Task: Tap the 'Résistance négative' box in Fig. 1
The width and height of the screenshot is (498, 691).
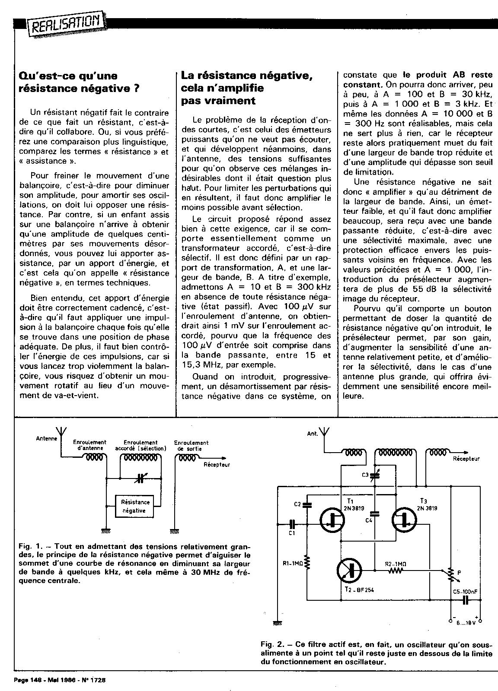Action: pyautogui.click(x=136, y=506)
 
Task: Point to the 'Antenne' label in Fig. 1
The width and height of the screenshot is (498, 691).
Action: pyautogui.click(x=47, y=439)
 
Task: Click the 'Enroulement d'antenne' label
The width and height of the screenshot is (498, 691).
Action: pyautogui.click(x=90, y=445)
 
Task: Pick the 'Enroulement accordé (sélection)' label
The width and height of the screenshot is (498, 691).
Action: pyautogui.click(x=140, y=445)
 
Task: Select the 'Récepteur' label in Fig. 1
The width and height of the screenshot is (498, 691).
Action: pyautogui.click(x=217, y=465)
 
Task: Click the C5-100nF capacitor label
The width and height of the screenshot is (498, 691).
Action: pyautogui.click(x=465, y=591)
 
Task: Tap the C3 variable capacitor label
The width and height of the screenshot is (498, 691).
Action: pyautogui.click(x=365, y=475)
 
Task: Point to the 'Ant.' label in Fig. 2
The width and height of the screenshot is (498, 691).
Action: pyautogui.click(x=312, y=433)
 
